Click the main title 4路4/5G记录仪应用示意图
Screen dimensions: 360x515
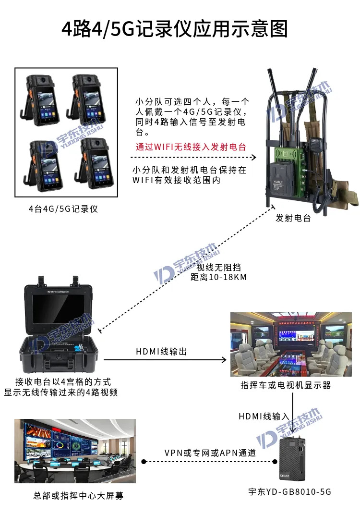click(x=175, y=28)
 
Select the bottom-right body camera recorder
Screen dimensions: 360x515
click(x=94, y=164)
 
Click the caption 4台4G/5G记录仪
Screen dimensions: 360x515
click(x=63, y=209)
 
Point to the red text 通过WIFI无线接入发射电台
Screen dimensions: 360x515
click(x=191, y=147)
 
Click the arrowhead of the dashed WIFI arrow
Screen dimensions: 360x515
click(x=253, y=157)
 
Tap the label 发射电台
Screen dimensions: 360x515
click(x=293, y=218)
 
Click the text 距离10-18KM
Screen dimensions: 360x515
click(x=218, y=277)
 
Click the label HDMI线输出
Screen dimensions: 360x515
click(x=161, y=352)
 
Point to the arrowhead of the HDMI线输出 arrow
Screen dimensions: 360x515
click(x=224, y=360)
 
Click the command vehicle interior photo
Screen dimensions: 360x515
click(x=291, y=344)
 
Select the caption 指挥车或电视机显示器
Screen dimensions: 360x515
click(x=286, y=385)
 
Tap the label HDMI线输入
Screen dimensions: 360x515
click(x=264, y=417)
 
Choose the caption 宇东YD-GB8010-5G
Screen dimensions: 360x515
click(x=290, y=491)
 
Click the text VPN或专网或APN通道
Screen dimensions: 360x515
click(x=210, y=453)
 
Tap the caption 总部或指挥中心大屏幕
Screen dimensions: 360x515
click(x=78, y=496)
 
